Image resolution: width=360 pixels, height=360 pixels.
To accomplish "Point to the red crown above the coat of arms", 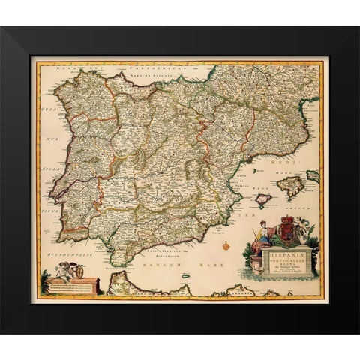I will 288,223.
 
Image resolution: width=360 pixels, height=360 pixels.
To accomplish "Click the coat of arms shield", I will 287,236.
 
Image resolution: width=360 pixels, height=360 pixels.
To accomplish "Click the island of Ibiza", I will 262,200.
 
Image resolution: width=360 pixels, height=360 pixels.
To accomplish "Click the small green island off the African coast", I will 186,276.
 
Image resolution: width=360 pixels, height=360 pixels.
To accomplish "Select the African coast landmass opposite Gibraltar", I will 127,284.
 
